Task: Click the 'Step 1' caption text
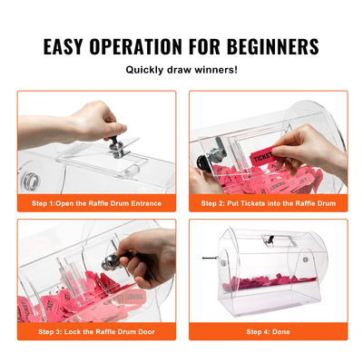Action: (96, 203)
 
